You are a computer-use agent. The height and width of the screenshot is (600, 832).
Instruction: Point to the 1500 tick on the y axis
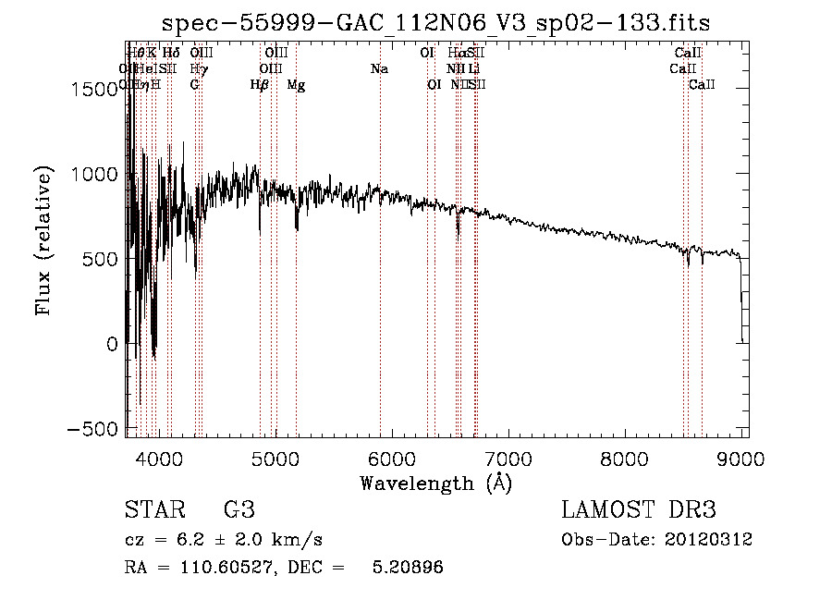click(95, 89)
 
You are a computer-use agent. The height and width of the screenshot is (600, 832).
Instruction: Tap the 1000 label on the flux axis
click(95, 174)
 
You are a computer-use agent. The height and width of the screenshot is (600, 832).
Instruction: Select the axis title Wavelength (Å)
click(435, 484)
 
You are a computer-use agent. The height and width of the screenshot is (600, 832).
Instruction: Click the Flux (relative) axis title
click(44, 239)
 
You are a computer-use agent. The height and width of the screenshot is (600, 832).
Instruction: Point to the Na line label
click(379, 69)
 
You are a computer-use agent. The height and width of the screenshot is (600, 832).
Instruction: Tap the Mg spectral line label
click(296, 85)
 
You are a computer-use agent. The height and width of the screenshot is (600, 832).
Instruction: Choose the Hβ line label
click(260, 85)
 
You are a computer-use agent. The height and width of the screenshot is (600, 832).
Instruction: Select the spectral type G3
click(239, 510)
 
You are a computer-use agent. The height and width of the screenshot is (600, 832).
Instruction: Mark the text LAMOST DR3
click(639, 510)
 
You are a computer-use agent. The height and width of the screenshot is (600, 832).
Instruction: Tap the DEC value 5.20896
click(407, 568)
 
